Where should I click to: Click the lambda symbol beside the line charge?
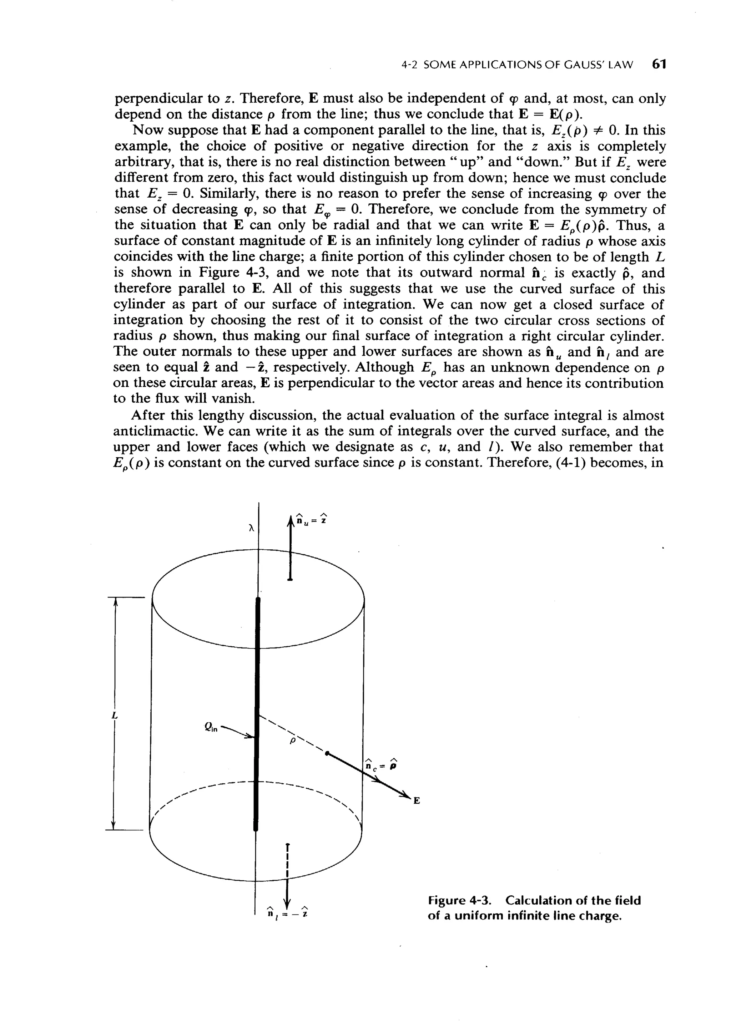coord(252,527)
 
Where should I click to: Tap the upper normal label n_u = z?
coord(311,520)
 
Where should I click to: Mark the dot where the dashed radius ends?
coord(327,753)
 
